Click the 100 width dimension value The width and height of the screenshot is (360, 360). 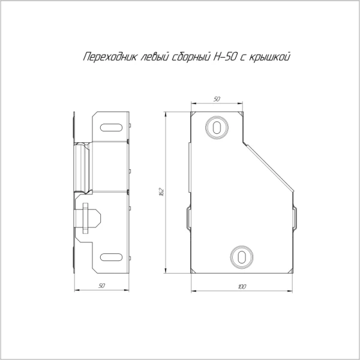(x=241, y=287)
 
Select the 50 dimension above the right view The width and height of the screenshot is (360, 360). (x=217, y=98)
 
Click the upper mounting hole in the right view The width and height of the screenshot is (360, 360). (x=217, y=127)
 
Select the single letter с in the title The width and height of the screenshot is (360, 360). (x=245, y=58)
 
